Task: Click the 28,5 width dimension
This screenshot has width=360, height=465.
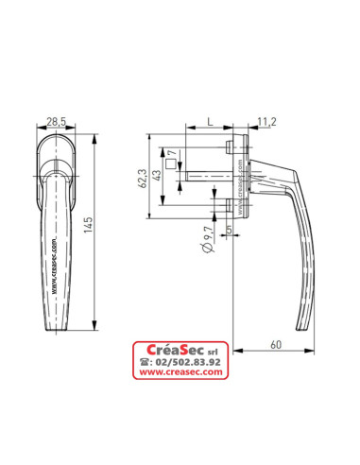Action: point(57,123)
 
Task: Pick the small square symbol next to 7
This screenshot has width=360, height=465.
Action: point(171,164)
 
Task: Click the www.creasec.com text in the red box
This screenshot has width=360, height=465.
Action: point(180,372)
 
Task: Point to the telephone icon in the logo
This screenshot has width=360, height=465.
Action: point(145,361)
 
